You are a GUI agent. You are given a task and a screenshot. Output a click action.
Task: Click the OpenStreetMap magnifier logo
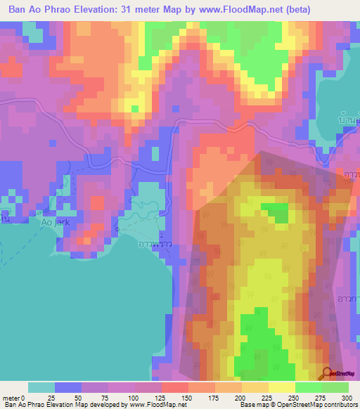tap(328, 375)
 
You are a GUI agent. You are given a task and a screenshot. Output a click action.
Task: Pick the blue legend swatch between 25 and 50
tap(68, 387)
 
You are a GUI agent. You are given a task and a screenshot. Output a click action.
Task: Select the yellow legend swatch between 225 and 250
tap(281, 387)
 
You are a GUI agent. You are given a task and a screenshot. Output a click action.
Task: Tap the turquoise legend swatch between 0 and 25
tap(41, 387)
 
